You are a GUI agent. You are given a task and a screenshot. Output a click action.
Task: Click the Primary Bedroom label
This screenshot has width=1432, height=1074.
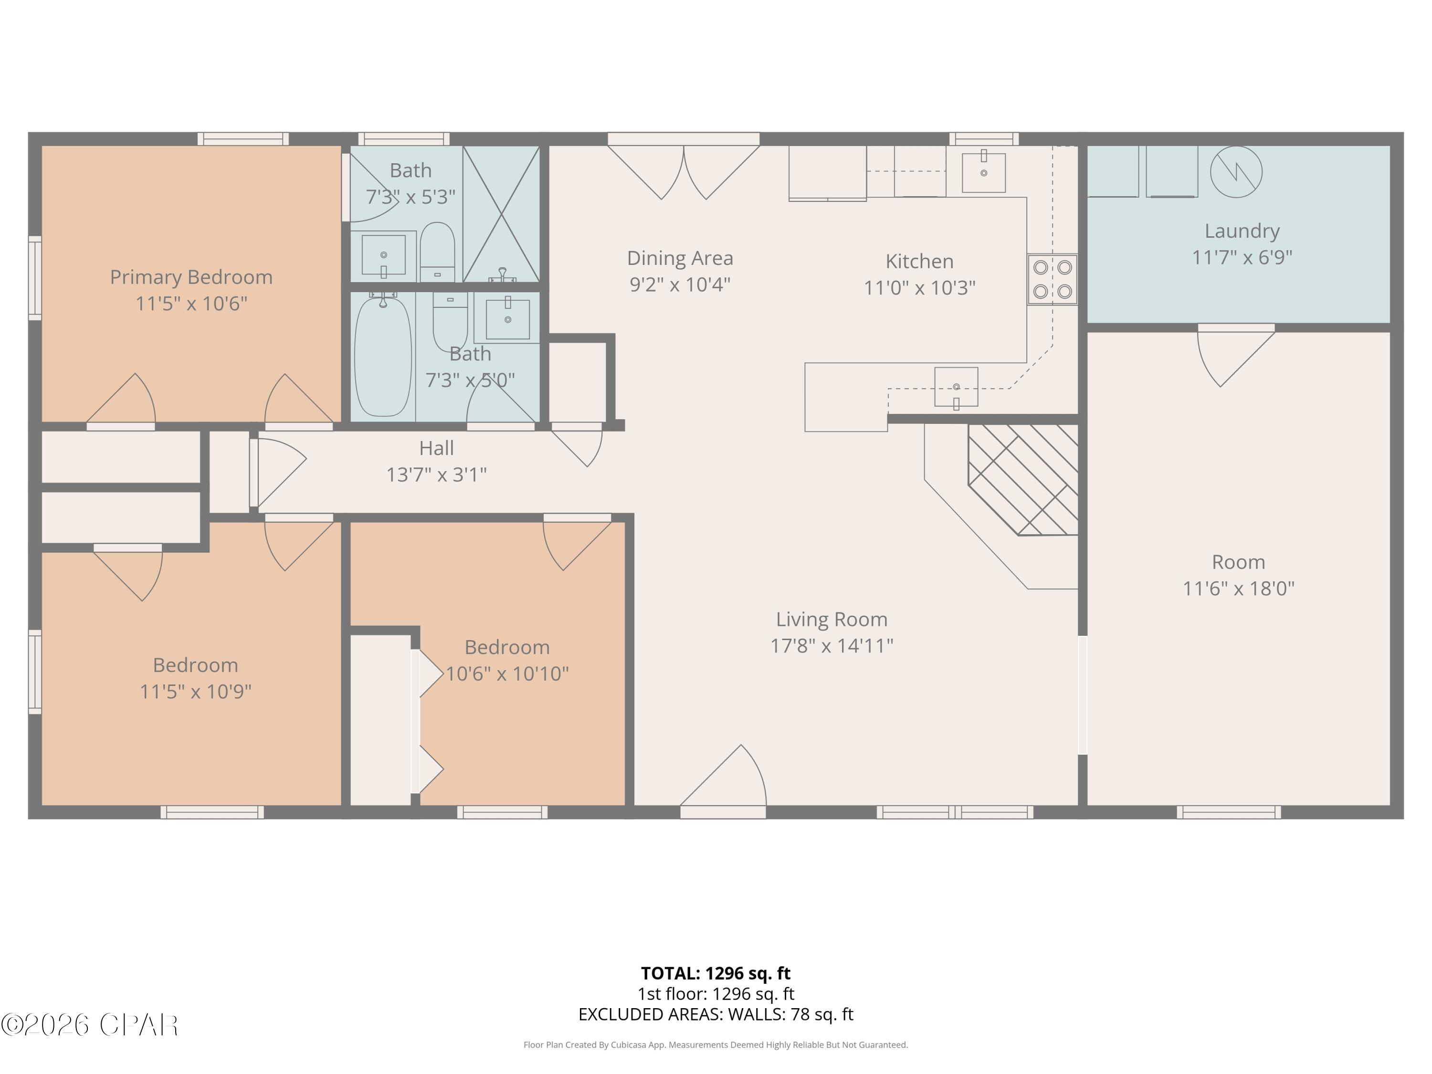point(191,277)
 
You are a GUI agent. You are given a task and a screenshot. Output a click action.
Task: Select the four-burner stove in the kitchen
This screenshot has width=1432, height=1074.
point(1052,280)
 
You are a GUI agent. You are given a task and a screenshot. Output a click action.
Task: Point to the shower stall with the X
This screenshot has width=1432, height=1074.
point(502,214)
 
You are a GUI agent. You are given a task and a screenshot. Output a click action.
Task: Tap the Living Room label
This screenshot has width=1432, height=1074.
point(831,620)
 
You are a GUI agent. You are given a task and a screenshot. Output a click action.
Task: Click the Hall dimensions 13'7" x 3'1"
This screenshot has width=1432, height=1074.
point(436,475)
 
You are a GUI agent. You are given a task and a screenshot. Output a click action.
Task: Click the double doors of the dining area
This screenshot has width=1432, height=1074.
point(683,168)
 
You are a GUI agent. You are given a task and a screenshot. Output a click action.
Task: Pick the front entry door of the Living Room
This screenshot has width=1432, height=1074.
point(723,783)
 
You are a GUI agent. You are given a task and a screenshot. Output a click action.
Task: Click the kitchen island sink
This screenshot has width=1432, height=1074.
point(956,387)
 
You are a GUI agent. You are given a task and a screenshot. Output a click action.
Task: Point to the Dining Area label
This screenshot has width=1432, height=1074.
point(680,258)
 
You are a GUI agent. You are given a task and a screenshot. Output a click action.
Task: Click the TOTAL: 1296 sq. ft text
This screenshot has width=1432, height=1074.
point(716,973)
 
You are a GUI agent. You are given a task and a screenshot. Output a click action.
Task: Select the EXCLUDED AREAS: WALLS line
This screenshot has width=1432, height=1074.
point(716,1014)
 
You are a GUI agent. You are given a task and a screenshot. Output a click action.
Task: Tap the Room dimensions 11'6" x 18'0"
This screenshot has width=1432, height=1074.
point(1238,589)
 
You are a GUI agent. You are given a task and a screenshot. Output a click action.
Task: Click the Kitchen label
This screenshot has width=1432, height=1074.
point(919,262)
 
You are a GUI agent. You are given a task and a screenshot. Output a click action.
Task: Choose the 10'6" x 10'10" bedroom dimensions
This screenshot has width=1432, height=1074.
point(507,674)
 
